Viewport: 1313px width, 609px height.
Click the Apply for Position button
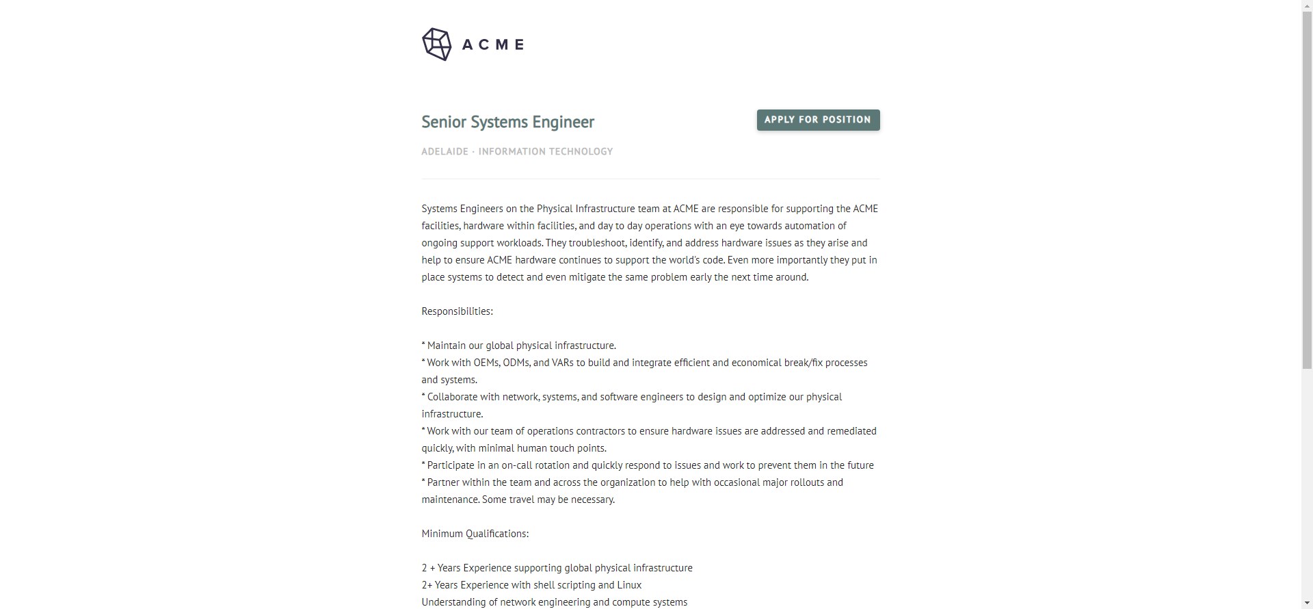click(x=818, y=120)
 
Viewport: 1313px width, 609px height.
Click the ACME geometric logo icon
click(x=436, y=44)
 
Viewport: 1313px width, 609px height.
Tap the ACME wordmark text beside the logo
click(x=493, y=44)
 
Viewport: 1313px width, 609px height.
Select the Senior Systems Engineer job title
click(x=507, y=122)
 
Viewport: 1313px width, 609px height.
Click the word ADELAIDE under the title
click(x=445, y=151)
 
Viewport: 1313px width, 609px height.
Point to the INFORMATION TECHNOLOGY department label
click(x=545, y=151)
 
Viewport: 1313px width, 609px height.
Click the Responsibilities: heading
click(x=457, y=311)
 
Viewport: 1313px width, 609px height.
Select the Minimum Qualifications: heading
click(x=475, y=534)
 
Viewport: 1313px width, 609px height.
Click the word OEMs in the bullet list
click(x=486, y=363)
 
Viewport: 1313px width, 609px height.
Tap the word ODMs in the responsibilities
click(x=516, y=363)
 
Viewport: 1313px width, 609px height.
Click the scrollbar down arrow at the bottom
click(x=1307, y=603)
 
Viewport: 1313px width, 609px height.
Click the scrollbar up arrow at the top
click(x=1307, y=5)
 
